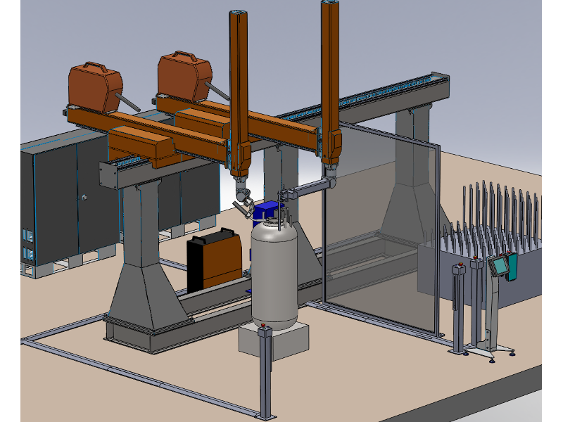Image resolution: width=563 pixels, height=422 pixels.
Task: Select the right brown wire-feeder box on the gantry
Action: coord(184,76)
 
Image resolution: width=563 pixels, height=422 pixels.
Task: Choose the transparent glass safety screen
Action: coord(380,232)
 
